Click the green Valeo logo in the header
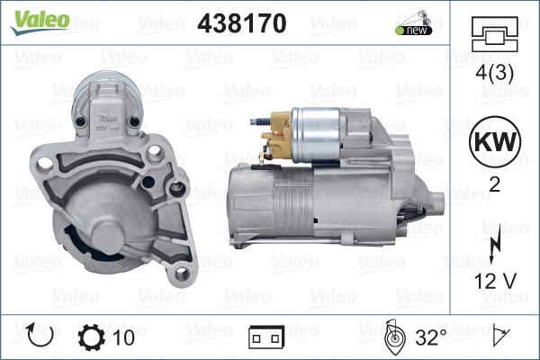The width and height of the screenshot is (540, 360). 40,22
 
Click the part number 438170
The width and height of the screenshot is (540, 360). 242,23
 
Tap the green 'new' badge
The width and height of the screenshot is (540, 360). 414,31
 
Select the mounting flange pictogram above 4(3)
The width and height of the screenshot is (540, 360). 494,34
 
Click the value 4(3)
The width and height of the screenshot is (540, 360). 494,73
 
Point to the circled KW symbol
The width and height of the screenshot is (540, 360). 495,141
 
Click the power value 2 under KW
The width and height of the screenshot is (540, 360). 494,185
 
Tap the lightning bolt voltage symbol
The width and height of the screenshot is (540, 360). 495,247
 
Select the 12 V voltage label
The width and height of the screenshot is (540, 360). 495,281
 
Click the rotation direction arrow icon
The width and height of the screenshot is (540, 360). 40,335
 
